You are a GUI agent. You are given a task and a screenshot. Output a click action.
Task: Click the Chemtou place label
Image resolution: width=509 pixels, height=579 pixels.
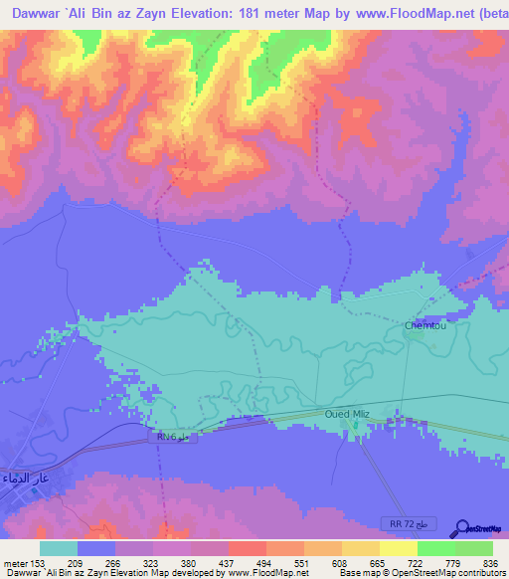click(424, 325)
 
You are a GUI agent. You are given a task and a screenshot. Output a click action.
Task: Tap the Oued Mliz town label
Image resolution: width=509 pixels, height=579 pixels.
click(349, 414)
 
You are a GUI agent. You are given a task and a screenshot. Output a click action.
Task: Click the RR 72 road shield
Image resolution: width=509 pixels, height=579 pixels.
click(408, 523)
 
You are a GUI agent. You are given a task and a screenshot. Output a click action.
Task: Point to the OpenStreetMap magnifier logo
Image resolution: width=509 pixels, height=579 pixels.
click(461, 528)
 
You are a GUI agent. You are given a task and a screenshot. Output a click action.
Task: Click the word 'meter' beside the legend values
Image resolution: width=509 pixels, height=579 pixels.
click(14, 561)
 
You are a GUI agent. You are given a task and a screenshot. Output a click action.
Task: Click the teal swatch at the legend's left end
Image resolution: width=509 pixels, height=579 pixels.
click(59, 548)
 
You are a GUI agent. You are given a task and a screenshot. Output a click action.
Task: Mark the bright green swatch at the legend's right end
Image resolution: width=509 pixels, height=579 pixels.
click(474, 548)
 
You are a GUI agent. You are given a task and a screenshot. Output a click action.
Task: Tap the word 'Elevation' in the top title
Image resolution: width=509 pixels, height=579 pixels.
click(180, 13)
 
